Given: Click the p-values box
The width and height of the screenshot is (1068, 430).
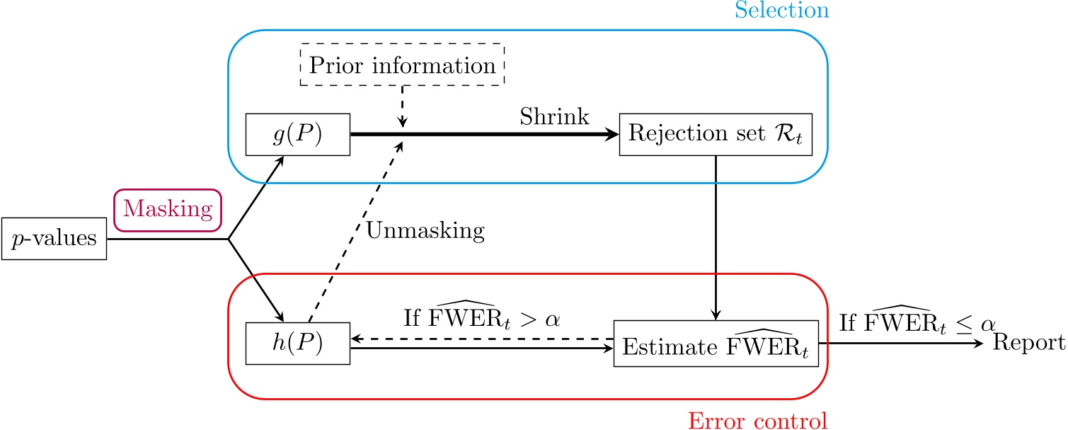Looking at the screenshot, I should coord(54,239).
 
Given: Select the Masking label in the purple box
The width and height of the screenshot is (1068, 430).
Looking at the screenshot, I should coord(168,209).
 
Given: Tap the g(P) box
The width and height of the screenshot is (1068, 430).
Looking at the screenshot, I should coord(298,135).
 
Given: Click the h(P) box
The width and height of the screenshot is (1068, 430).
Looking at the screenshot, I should coord(298,344).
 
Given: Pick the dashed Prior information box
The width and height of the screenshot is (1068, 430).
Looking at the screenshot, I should coord(403,65).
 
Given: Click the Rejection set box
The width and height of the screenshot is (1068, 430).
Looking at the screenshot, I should coord(716,135).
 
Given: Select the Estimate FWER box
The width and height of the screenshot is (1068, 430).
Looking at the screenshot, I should coord(716,344).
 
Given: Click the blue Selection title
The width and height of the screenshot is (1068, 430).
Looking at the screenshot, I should coord(781,11).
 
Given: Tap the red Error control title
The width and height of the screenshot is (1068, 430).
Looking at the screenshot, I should coord(757,420).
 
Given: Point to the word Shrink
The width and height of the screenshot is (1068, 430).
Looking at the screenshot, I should coord(554,117).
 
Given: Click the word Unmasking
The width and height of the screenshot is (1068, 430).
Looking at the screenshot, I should coord(425,231).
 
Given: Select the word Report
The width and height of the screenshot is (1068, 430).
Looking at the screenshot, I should coord(1030,344).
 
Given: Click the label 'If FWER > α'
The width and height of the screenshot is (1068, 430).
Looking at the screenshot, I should coord(481,317).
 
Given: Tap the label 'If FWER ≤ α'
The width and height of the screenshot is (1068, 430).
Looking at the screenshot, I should coord(917,321).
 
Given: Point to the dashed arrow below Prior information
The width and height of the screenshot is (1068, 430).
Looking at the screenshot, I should coord(403,106).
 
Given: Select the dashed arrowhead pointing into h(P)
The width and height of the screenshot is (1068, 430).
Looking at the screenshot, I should coord(357,339).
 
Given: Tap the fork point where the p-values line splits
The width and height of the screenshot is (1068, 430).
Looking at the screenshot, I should coord(228,239).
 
